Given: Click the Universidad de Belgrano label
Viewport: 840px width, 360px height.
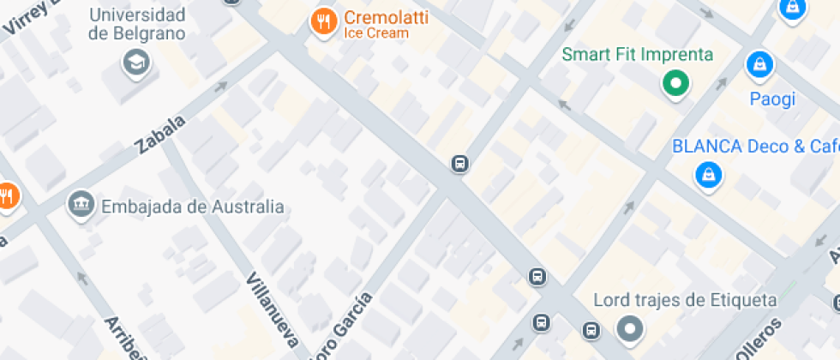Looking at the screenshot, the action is point(137,24).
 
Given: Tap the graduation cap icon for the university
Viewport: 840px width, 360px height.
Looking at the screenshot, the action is point(136,63).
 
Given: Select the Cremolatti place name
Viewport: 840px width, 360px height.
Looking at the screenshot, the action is point(386,17).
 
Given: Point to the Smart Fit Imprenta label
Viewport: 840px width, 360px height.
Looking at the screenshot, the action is point(637,55).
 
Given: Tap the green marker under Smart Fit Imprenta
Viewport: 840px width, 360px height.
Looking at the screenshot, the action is point(675,84).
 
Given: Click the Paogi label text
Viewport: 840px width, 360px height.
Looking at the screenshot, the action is point(772,99).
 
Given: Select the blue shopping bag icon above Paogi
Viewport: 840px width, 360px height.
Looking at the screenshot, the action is point(759,63).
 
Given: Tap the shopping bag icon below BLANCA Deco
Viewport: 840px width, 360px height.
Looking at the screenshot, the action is point(708,176).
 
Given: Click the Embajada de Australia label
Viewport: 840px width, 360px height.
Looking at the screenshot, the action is point(192,207).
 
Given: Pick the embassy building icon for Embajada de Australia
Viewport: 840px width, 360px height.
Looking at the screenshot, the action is point(81,204).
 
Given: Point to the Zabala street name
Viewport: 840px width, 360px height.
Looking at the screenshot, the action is point(160,135).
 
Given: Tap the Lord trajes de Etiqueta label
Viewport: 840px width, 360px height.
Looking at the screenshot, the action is point(685,301).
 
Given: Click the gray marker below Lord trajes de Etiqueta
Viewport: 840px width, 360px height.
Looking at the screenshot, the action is point(631,329).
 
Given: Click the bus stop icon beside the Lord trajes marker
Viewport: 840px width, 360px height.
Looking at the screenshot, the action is point(591,330).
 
